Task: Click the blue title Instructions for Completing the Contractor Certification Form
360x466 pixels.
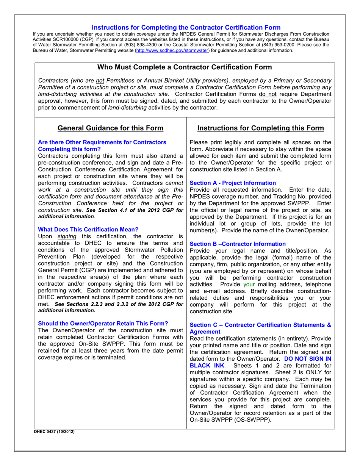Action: tap(186, 27)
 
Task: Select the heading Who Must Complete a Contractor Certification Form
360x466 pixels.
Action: tap(185, 67)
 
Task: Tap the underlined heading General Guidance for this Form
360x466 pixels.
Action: tap(110, 128)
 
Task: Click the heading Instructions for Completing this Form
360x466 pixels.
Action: tap(261, 128)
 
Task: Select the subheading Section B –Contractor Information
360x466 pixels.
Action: tap(238, 244)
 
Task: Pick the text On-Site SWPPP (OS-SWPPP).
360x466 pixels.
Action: tap(230, 420)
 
